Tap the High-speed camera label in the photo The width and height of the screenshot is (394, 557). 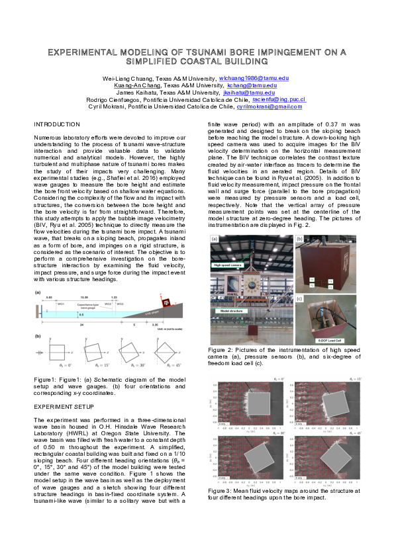227,265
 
